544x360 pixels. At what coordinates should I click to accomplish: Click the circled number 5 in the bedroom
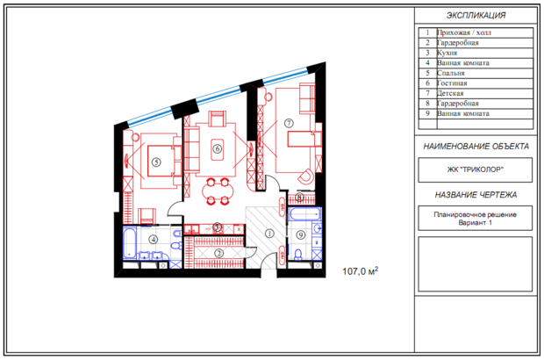point(156,162)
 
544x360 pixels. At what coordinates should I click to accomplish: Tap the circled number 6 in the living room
point(218,149)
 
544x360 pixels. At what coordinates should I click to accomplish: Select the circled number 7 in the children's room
point(289,123)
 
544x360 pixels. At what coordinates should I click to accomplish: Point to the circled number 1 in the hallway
point(269,234)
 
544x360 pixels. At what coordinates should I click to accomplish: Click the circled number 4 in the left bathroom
point(153,239)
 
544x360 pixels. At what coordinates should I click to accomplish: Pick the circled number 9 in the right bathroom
point(301,235)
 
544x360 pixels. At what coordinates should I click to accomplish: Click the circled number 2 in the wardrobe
point(218,254)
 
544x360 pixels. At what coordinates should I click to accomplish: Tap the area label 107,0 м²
point(360,270)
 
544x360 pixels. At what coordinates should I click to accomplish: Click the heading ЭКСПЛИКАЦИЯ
point(476,16)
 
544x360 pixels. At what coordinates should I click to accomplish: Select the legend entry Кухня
point(447,53)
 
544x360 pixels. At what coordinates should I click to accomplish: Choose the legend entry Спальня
point(451,73)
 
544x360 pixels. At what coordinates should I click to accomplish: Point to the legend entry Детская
point(450,93)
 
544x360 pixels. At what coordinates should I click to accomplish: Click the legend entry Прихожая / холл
point(464,32)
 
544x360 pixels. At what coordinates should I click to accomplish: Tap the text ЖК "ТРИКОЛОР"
point(475,169)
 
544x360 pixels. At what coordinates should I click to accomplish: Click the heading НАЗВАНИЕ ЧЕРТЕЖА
point(476,195)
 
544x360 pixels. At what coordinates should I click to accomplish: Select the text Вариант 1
point(475,223)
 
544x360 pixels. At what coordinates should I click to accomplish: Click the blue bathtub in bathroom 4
point(129,243)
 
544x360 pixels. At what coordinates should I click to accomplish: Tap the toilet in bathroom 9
point(298,255)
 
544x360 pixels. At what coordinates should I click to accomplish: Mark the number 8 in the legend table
point(427,103)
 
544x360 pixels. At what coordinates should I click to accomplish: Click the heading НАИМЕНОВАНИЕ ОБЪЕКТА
point(476,147)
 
